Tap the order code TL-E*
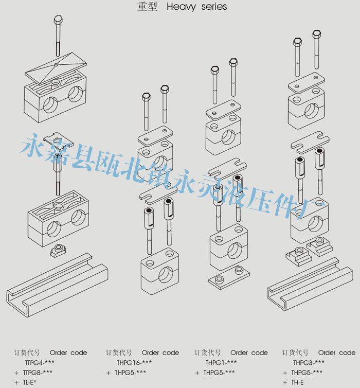(x=29, y=382)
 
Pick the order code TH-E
(x=297, y=382)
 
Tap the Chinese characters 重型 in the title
(x=149, y=7)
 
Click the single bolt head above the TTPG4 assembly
(x=58, y=21)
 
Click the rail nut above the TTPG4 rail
(x=60, y=251)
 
